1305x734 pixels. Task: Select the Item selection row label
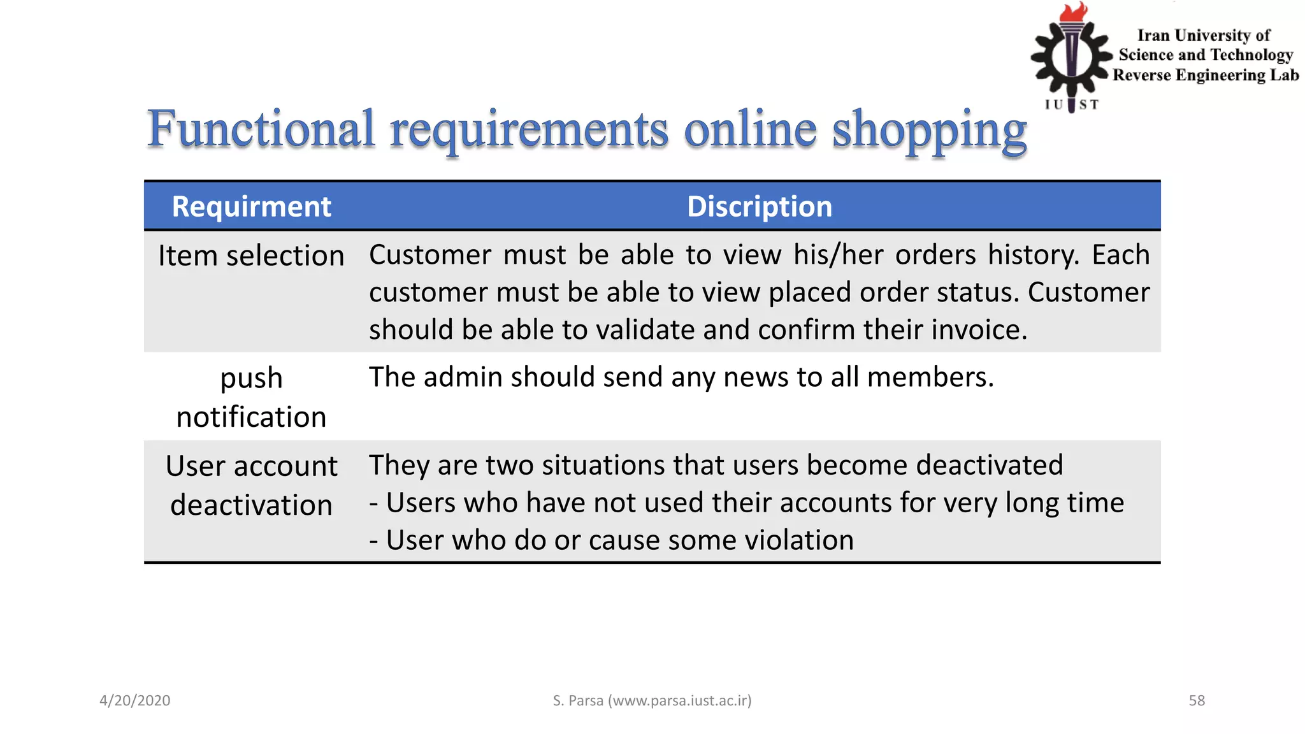coord(251,256)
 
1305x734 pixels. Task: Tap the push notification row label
coord(251,398)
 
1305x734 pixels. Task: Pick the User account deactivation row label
coord(251,486)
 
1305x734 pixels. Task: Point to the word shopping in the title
coord(930,131)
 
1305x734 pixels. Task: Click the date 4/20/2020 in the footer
coord(135,701)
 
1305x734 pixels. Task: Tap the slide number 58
coord(1197,701)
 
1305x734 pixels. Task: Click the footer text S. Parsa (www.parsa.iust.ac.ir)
coord(652,701)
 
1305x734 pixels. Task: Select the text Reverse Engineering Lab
coord(1206,75)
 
